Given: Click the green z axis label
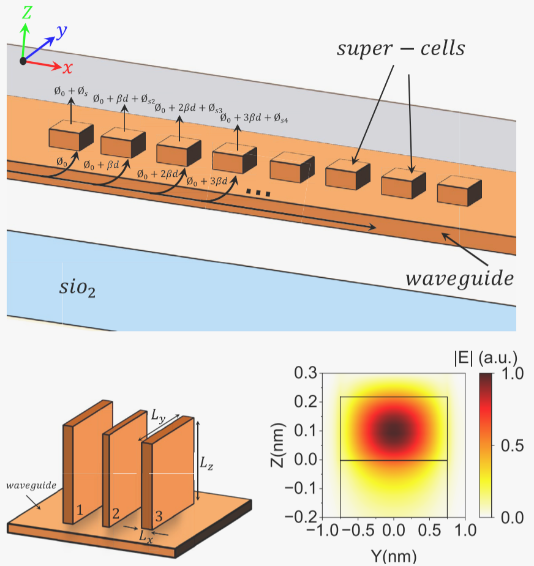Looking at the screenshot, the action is pos(27,12).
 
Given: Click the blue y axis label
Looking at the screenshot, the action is pos(62,31).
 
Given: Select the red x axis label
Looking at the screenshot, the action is pos(67,68).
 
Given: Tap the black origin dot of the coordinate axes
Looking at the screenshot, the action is pos(23,61).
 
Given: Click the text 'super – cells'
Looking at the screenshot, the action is pos(401,49).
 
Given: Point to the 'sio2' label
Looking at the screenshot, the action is pos(77,289).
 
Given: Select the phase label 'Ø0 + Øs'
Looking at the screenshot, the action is pos(71,91).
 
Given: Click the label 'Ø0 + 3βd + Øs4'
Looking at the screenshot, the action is pos(254,117).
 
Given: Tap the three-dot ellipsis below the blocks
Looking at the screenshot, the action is pos(258,193).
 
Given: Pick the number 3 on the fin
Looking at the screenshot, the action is pos(159,516).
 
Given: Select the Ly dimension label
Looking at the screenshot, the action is pos(158,416).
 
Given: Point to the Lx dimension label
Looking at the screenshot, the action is pos(146,537).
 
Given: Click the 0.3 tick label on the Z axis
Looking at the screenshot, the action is pos(306,373).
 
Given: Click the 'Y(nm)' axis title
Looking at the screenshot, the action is pos(394,557).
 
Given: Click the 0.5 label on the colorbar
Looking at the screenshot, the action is pos(512,446).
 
